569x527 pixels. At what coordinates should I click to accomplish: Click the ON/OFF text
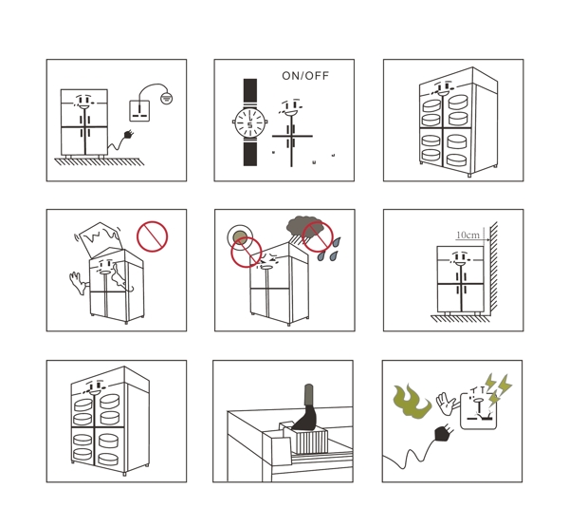pyautogui.click(x=305, y=76)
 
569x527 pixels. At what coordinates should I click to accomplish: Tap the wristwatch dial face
pyautogui.click(x=249, y=122)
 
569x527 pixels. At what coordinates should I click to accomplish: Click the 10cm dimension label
pyautogui.click(x=468, y=235)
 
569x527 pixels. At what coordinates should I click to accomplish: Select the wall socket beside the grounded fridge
pyautogui.click(x=139, y=111)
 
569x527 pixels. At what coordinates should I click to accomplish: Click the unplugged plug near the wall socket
pyautogui.click(x=128, y=135)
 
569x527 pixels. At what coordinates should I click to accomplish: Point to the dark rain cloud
pyautogui.click(x=303, y=226)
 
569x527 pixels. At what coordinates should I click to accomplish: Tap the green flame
pyautogui.click(x=412, y=401)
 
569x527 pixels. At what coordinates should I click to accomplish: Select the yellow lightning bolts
pyautogui.click(x=500, y=387)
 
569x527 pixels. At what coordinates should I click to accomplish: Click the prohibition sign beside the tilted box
pyautogui.click(x=153, y=236)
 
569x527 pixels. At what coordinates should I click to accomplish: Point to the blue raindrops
pyautogui.click(x=329, y=249)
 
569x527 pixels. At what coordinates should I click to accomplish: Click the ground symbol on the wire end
pyautogui.click(x=167, y=98)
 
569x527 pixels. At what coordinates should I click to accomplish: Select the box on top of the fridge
pyautogui.click(x=99, y=238)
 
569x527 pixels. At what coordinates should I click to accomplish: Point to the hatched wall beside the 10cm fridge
pyautogui.click(x=493, y=269)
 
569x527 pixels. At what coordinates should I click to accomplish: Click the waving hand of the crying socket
pyautogui.click(x=446, y=403)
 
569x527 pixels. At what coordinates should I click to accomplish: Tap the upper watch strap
pyautogui.click(x=250, y=92)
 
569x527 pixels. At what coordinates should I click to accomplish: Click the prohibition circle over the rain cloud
pyautogui.click(x=318, y=236)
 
